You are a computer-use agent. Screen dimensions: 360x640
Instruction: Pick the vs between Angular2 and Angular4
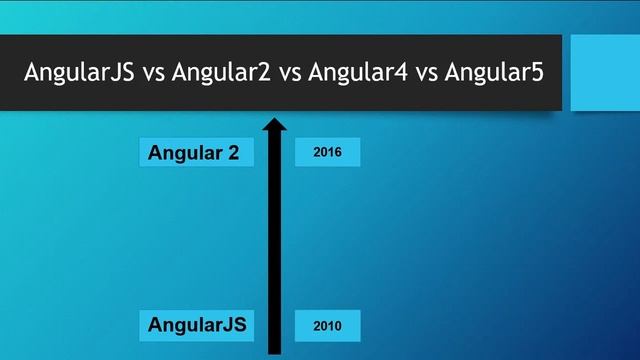point(291,73)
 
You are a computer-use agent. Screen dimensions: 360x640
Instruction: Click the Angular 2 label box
point(196,153)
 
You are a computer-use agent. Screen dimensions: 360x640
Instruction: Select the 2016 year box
point(327,153)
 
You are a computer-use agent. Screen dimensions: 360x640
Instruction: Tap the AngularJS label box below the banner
point(196,325)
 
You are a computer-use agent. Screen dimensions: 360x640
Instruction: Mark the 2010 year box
point(327,326)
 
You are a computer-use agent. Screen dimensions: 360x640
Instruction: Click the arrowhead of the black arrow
point(275,125)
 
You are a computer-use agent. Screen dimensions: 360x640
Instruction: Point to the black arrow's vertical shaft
point(275,240)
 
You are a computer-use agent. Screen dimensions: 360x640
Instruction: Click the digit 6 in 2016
point(338,153)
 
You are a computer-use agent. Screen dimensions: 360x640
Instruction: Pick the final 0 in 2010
point(338,326)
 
